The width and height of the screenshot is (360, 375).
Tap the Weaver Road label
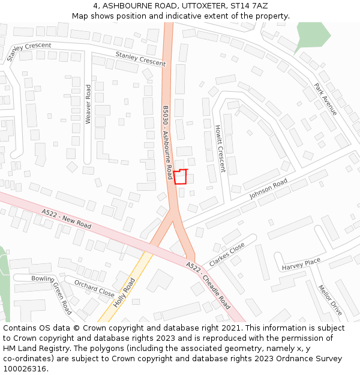tap(88, 104)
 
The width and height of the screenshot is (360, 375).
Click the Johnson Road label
tap(268, 189)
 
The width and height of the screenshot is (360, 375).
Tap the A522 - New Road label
tap(67, 219)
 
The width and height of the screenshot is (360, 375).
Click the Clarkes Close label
tap(227, 254)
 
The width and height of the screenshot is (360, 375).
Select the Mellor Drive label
tap(330, 301)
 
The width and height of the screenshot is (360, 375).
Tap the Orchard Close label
tap(94, 288)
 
